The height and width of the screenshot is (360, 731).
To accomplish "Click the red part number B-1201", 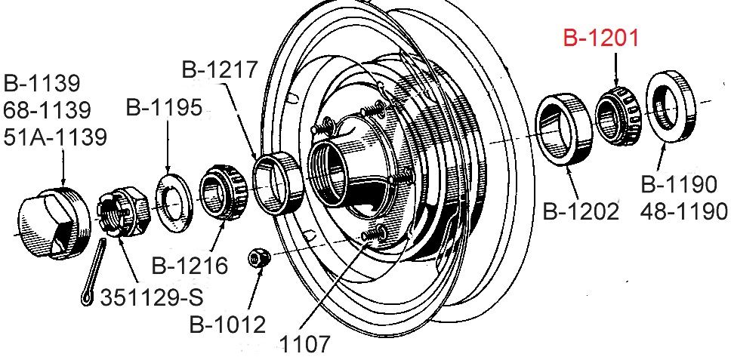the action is (x=600, y=38).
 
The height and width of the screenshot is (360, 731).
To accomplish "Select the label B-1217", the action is (x=220, y=69).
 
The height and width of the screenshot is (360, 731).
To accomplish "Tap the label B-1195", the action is (x=164, y=108).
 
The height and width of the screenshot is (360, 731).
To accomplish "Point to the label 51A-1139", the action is (x=55, y=137).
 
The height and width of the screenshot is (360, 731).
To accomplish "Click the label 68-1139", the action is (x=47, y=110).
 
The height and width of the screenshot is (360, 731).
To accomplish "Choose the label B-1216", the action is (x=190, y=266).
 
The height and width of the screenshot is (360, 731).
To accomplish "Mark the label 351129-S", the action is (x=152, y=297).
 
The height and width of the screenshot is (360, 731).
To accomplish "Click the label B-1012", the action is (x=227, y=324).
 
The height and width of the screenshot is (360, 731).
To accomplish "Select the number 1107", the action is (x=304, y=345).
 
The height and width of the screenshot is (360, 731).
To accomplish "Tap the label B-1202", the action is (x=581, y=211).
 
